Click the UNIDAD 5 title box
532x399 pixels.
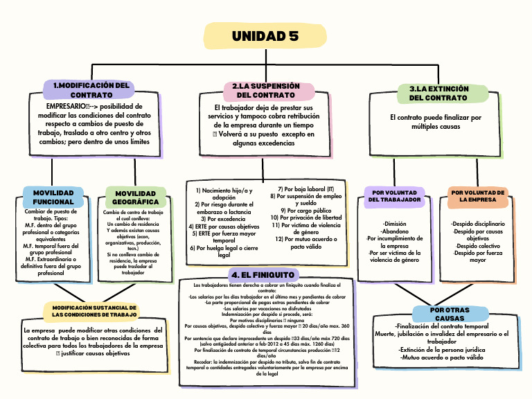point(265,36)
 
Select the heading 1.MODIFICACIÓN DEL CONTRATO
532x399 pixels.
point(91,89)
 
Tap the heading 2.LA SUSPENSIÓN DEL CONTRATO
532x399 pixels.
point(266,90)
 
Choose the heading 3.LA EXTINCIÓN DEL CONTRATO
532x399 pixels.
point(438,94)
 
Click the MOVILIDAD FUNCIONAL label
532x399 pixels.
point(53,197)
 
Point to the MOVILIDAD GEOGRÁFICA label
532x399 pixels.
point(136,197)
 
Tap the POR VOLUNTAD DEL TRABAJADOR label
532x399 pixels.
point(395,195)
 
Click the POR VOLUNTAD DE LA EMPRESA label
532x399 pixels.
point(478,195)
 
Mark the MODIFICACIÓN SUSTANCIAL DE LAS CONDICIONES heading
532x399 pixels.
point(95,311)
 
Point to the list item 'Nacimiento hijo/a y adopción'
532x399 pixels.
point(224,193)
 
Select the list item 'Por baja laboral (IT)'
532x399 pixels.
point(305,188)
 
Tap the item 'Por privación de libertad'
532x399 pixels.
point(305,218)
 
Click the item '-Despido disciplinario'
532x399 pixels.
point(478,224)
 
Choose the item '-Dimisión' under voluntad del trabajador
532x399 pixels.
point(395,224)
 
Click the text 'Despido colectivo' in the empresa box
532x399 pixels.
point(478,246)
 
